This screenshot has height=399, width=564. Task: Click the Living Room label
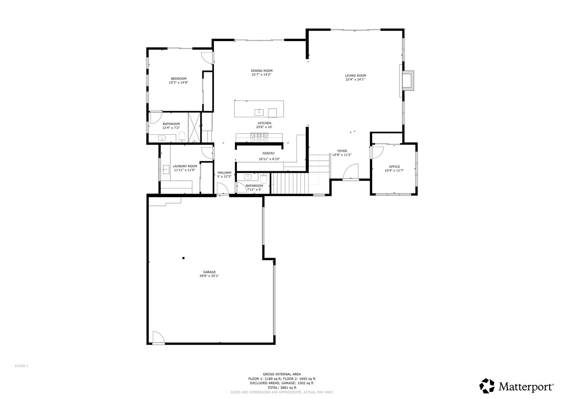click(x=355, y=76)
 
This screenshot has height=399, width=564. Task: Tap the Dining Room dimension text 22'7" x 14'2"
click(x=261, y=74)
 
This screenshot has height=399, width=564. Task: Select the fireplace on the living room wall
click(x=408, y=81)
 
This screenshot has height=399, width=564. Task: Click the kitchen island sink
click(x=259, y=112)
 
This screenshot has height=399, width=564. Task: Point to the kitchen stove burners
click(x=259, y=138)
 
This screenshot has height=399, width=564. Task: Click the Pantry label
click(x=269, y=153)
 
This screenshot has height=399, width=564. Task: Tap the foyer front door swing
click(x=351, y=171)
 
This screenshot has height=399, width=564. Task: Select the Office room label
click(x=394, y=167)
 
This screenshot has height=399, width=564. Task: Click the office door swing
click(x=377, y=152)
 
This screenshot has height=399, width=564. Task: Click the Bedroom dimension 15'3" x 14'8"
click(x=179, y=82)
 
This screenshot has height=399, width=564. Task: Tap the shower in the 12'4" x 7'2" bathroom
click(x=194, y=128)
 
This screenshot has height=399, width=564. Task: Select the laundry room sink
click(x=166, y=169)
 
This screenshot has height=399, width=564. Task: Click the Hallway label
click(x=224, y=173)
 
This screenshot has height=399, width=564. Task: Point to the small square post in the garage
click(x=184, y=258)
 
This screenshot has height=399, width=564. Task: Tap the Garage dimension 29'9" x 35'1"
click(x=209, y=276)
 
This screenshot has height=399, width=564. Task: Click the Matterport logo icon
click(x=487, y=386)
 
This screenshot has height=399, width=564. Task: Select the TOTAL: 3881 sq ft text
click(x=282, y=388)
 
